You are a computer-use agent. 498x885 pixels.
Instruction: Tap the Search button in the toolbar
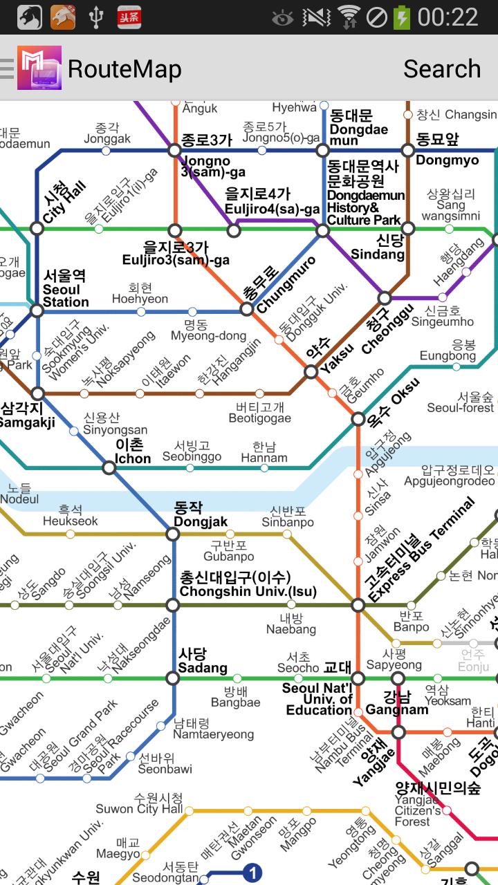(441, 69)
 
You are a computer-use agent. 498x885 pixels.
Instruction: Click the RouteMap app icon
(39, 68)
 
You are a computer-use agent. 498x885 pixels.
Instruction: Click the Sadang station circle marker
(173, 678)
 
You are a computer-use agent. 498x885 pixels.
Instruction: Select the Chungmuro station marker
(247, 309)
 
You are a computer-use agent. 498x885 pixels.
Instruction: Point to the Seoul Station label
(66, 289)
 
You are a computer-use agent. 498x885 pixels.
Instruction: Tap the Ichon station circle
(109, 468)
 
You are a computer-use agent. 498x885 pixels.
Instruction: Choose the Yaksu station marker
(311, 372)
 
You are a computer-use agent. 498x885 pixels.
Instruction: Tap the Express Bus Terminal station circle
(358, 605)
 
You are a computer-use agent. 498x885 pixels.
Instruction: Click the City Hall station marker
(37, 228)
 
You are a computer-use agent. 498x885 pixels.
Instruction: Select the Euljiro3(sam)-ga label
(176, 254)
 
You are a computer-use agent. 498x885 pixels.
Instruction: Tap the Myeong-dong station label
(208, 330)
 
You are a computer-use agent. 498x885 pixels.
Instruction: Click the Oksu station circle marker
(358, 419)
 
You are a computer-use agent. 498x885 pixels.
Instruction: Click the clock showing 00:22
(448, 17)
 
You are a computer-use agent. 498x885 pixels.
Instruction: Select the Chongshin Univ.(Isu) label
(235, 584)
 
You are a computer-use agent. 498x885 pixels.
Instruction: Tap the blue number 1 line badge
(254, 873)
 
